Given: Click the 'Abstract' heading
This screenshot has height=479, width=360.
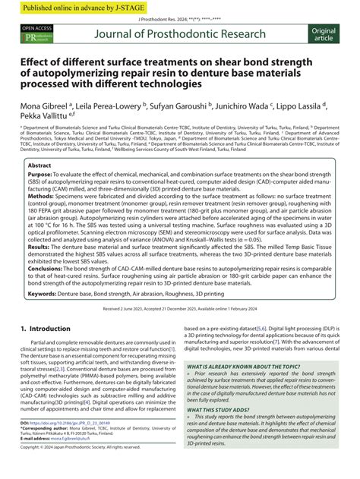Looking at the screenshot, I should [39, 165].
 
